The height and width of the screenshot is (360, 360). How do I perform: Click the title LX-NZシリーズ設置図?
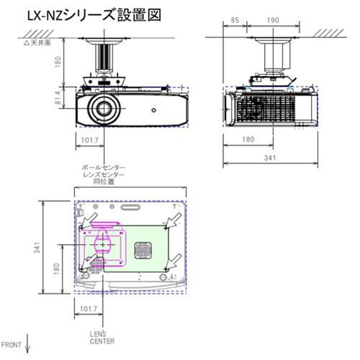(x=94, y=15)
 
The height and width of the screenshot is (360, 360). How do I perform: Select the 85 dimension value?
(x=235, y=20)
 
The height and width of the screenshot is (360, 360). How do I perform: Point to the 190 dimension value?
(x=273, y=20)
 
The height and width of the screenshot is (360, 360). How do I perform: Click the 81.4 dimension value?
(x=58, y=97)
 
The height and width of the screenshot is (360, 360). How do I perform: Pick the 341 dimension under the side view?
(x=270, y=158)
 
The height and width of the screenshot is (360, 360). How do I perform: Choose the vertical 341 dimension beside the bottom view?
(x=37, y=248)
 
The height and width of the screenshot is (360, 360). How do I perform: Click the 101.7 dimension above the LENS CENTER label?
(x=89, y=309)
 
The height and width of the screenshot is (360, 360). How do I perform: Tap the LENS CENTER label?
(x=102, y=338)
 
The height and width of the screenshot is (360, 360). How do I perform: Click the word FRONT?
(x=11, y=345)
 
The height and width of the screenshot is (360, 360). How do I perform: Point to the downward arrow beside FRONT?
(x=27, y=343)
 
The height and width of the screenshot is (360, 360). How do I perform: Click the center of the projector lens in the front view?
(x=104, y=109)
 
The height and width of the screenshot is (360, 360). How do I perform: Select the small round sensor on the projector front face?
(x=154, y=110)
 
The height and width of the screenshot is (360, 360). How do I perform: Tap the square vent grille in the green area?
(x=143, y=251)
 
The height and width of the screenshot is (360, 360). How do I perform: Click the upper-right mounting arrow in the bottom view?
(x=174, y=220)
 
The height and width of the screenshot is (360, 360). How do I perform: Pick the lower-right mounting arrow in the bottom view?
(x=174, y=261)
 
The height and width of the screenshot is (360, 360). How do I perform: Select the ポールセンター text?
(x=104, y=167)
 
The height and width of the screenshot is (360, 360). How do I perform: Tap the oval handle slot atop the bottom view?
(x=130, y=207)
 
